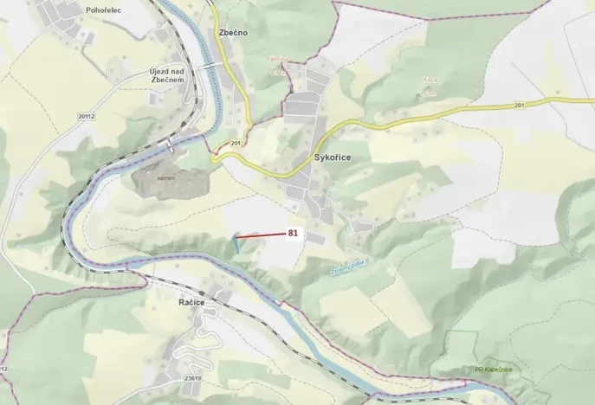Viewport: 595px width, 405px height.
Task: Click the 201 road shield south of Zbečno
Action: point(236,143)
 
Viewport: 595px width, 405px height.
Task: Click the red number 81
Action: point(293,233)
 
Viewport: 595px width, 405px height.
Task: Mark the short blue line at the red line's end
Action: point(235,244)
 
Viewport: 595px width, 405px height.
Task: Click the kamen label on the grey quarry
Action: point(166,177)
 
